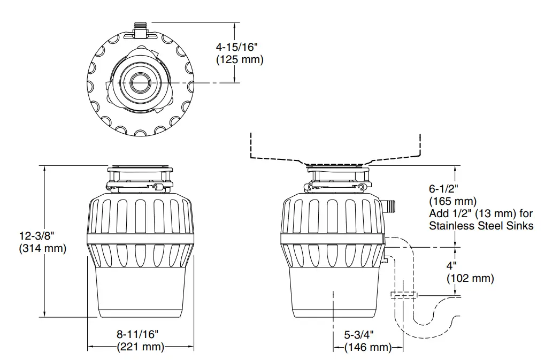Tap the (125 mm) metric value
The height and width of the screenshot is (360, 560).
coord(240,59)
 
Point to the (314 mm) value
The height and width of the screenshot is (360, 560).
coord(42,248)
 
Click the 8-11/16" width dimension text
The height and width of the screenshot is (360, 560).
coord(138,334)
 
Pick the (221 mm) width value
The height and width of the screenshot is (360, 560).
coord(140,347)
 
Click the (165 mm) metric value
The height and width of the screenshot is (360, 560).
coord(452,201)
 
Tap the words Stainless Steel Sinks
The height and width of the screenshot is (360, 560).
coord(481,226)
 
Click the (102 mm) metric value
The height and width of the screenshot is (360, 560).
coord(470,278)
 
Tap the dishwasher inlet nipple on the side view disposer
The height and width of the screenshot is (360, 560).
coord(389,204)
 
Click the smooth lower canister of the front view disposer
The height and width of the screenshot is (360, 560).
coord(141,292)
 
